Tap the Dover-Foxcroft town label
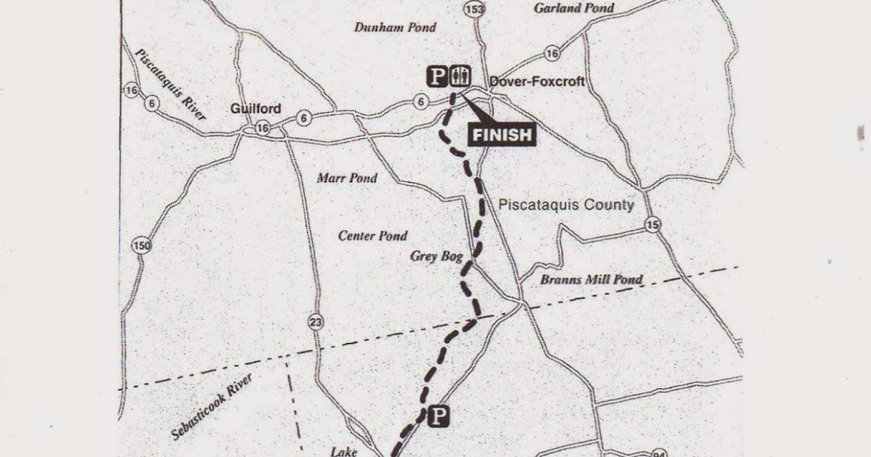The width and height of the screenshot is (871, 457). (x=537, y=82)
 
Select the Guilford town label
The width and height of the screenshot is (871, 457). (x=255, y=109)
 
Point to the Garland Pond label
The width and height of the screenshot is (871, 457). (x=573, y=9)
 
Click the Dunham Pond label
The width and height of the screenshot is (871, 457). (x=395, y=28)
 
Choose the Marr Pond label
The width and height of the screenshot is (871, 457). (x=347, y=178)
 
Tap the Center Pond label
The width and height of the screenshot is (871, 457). (x=373, y=236)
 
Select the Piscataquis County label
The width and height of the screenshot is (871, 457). (x=566, y=205)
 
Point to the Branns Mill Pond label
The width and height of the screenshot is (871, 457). (x=592, y=279)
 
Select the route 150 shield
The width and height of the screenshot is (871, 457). (x=142, y=246)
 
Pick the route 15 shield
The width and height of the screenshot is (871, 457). (x=653, y=226)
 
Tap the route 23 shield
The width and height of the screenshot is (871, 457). (x=316, y=323)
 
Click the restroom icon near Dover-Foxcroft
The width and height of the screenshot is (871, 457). (x=461, y=75)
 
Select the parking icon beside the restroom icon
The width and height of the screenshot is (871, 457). (x=437, y=76)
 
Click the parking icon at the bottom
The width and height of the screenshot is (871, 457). (x=438, y=416)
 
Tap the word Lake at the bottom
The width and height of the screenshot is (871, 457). (x=344, y=452)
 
